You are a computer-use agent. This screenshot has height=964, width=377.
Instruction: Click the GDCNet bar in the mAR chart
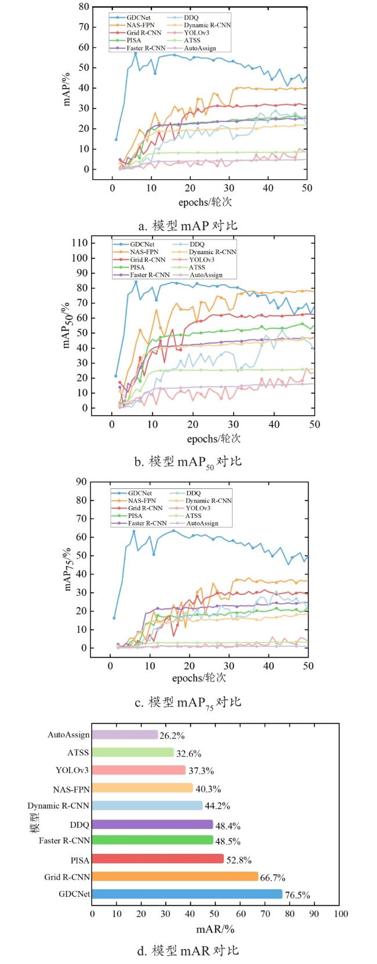pyautogui.click(x=187, y=894)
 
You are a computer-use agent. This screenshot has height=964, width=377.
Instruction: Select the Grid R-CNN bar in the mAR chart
pyautogui.click(x=175, y=876)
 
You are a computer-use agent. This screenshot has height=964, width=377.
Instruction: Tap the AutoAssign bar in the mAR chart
pyautogui.click(x=125, y=735)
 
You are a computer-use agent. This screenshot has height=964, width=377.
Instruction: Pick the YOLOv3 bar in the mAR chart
pyautogui.click(x=139, y=770)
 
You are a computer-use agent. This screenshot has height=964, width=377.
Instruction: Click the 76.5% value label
pyautogui.click(x=298, y=895)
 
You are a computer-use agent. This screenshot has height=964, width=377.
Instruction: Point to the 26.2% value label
pyautogui.click(x=172, y=735)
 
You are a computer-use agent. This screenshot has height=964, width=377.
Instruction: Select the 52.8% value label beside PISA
pyautogui.click(x=238, y=860)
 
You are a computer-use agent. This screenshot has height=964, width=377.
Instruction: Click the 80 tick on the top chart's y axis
pyautogui.click(x=84, y=7)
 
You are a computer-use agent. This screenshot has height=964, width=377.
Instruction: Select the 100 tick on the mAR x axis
pyautogui.click(x=341, y=914)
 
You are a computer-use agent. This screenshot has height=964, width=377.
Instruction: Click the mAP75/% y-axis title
pyautogui.click(x=69, y=564)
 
